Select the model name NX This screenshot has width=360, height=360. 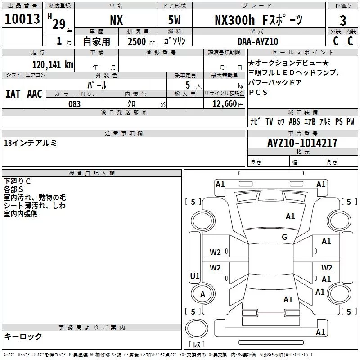pyautogui.click(x=117, y=20)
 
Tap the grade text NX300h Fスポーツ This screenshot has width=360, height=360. pyautogui.click(x=258, y=20)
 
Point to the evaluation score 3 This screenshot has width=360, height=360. pyautogui.click(x=343, y=21)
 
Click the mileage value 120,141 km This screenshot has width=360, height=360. pyautogui.click(x=52, y=64)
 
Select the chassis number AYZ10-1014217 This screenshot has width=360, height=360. pyautogui.click(x=302, y=143)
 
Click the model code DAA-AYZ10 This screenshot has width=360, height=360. pyautogui.click(x=258, y=41)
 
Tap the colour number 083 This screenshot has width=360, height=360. pyautogui.click(x=75, y=103)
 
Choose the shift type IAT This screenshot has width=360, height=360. pyautogui.click(x=13, y=94)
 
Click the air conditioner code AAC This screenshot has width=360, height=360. pyautogui.click(x=35, y=94)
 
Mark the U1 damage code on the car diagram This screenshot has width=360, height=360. pyautogui.click(x=194, y=276)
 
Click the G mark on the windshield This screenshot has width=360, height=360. pyautogui.click(x=284, y=237)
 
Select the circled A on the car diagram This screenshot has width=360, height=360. pyautogui.click(x=202, y=294)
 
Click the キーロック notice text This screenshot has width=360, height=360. pyautogui.click(x=23, y=336)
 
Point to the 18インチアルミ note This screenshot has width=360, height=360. pyautogui.click(x=30, y=143)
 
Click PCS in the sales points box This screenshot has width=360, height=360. pyautogui.click(x=258, y=92)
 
